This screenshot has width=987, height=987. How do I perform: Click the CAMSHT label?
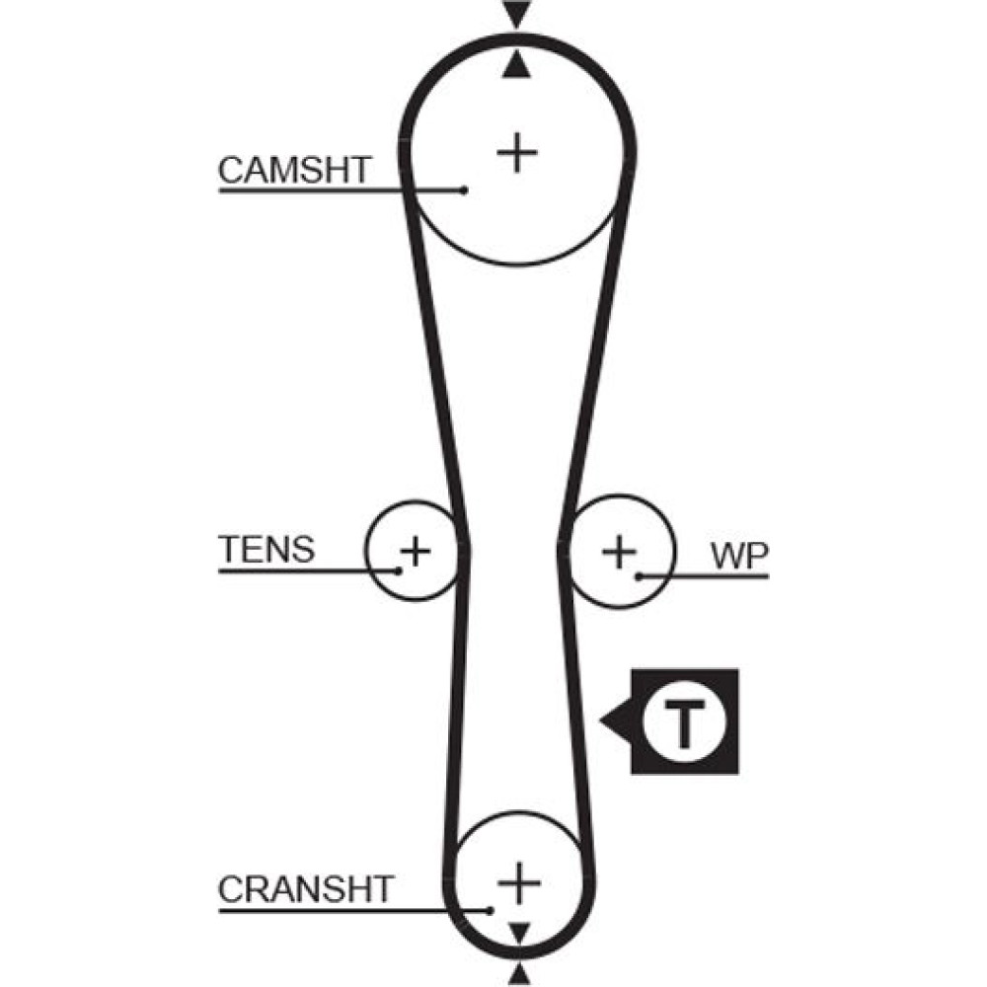293,170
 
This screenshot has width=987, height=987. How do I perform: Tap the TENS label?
266,549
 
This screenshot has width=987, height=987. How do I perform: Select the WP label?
739,556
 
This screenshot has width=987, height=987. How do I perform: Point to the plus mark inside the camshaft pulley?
516,153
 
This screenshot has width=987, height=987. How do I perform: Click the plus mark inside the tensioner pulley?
416,550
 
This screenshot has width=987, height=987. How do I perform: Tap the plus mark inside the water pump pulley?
619,551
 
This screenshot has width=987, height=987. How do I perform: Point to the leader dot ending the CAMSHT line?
464,190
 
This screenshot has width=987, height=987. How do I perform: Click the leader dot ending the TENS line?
399,569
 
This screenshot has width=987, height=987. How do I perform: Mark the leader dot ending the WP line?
640,575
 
